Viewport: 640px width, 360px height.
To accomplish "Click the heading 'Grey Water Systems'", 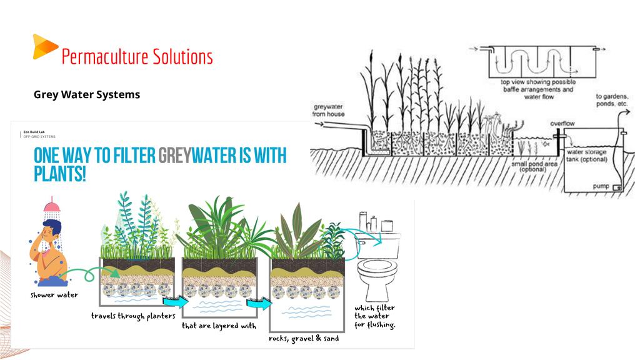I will (x=87, y=95).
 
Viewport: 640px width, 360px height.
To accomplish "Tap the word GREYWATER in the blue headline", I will (x=201, y=156).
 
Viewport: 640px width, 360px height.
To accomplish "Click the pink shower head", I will (x=52, y=206).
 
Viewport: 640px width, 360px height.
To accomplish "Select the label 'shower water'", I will (x=54, y=295).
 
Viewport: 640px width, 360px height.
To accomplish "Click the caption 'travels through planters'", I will (x=133, y=316).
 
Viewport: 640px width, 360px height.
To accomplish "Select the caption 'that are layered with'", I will (x=219, y=326).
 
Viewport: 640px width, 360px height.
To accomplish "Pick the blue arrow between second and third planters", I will (x=260, y=304).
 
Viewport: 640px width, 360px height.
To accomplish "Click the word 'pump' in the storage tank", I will (x=601, y=186).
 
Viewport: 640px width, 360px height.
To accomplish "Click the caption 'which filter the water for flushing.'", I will (x=374, y=316).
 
